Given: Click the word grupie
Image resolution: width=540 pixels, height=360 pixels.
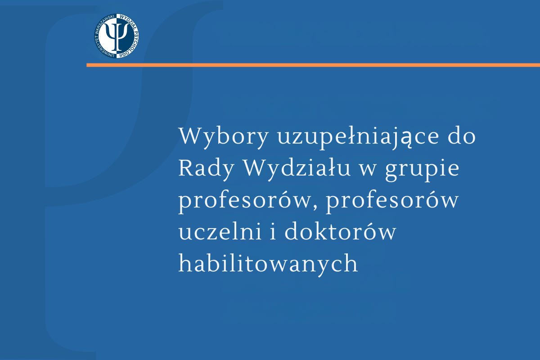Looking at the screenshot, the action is (x=422, y=171).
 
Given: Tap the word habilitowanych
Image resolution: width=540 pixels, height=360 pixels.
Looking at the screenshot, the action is (x=268, y=265).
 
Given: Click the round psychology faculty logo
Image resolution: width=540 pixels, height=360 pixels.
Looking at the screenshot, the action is (x=117, y=36).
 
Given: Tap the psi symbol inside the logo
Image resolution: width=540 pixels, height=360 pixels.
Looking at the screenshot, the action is (x=117, y=36).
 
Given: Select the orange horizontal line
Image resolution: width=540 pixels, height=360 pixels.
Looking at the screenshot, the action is (x=313, y=65).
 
